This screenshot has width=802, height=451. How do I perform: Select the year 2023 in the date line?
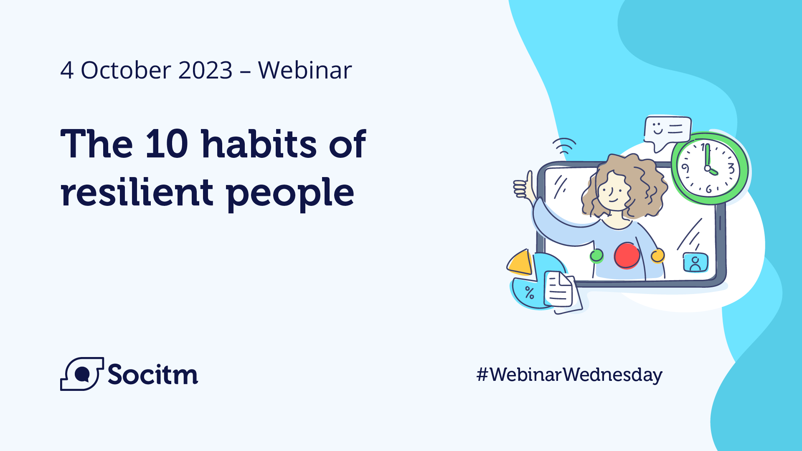pos(205,70)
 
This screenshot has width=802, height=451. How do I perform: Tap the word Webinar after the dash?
pos(305,70)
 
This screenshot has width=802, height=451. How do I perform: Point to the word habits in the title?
pos(259,144)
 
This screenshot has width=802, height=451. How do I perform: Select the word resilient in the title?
pos(137,193)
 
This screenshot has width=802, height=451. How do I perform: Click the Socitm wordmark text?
pos(152,375)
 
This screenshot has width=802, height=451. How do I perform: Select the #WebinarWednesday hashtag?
pos(569,375)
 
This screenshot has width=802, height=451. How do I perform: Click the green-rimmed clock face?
pos(708,169)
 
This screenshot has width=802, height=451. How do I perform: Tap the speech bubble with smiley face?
pos(667,131)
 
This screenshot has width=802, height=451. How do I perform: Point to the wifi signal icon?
pos(564,145)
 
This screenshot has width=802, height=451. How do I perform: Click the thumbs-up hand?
pos(523,185)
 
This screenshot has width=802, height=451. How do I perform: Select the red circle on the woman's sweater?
pos(627,256)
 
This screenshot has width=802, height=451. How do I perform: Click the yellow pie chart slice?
pos(520,263)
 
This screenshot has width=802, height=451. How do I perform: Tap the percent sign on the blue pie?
pos(530,293)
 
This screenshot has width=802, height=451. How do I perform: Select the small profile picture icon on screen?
pos(695,263)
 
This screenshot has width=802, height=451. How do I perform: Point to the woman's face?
pos(612,192)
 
